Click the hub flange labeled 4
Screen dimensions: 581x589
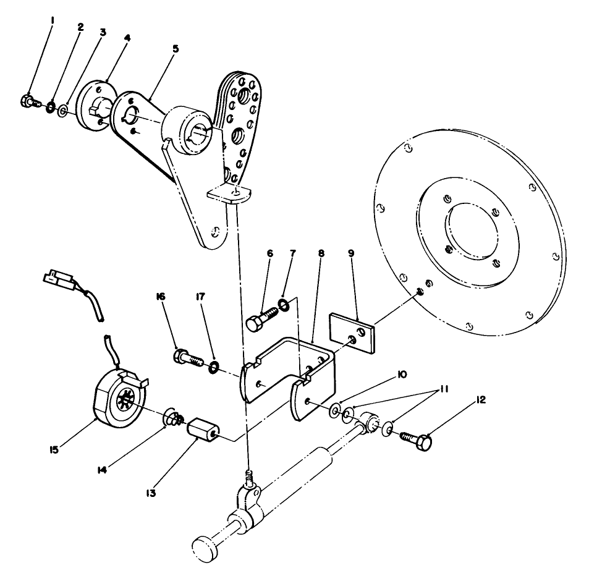[95, 105]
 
